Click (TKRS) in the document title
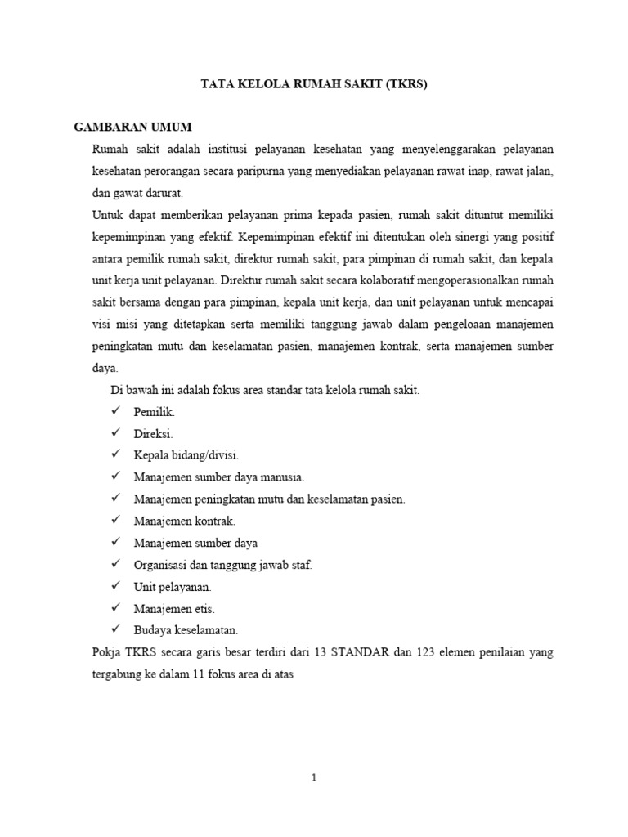click(402, 84)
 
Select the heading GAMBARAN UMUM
click(133, 128)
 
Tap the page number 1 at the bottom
click(314, 778)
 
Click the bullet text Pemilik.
click(155, 412)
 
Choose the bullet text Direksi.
click(154, 434)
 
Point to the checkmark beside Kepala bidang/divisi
click(116, 455)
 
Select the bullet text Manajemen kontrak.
click(185, 521)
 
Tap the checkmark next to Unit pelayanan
click(116, 586)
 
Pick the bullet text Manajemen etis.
click(174, 608)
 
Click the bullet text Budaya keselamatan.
click(186, 630)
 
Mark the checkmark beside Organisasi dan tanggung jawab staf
click(116, 564)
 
